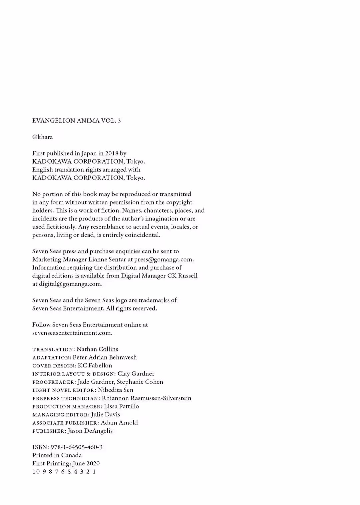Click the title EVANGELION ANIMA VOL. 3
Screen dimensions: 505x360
[x=76, y=121]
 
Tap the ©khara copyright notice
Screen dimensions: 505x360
[x=42, y=137]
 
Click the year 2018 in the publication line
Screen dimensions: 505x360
[x=111, y=153]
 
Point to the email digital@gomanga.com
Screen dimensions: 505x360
[x=70, y=284]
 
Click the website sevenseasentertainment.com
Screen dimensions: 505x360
[x=72, y=333]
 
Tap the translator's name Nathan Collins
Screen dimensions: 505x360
[x=97, y=349]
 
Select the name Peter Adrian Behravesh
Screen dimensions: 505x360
[x=105, y=357]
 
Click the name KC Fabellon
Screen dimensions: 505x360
[x=95, y=365]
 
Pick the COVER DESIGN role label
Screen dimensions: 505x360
[x=54, y=366]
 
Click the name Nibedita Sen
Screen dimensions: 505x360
[x=116, y=390]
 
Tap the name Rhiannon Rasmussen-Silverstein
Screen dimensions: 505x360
[x=147, y=398]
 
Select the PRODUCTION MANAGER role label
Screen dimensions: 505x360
[x=67, y=406]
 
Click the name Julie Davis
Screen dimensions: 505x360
[x=105, y=414]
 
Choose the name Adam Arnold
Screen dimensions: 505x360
[x=119, y=423]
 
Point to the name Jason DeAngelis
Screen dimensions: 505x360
[x=90, y=431]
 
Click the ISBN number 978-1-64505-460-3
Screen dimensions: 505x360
[x=76, y=447]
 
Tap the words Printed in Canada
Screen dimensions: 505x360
[x=57, y=455]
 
